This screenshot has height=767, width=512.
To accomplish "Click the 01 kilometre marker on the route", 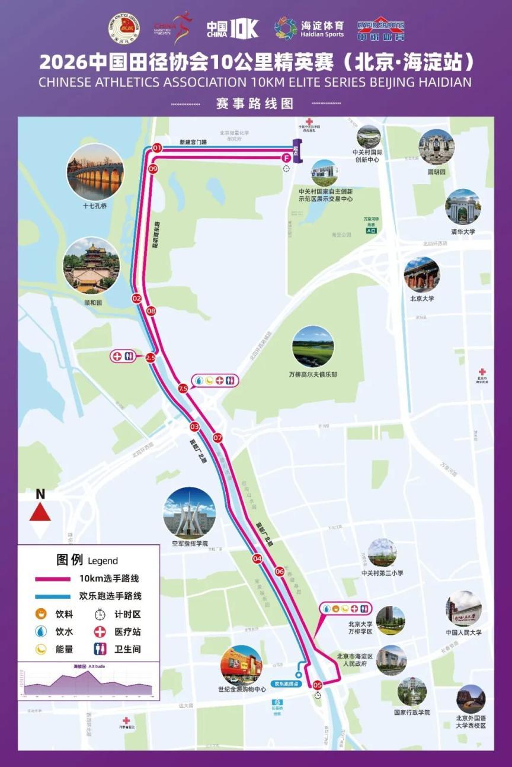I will point(157,147).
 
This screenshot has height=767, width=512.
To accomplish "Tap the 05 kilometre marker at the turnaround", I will point(317,685).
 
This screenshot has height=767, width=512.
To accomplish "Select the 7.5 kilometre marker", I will point(183,389).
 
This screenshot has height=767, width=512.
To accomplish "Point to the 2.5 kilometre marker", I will point(150,357).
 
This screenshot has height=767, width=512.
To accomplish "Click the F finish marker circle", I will point(286,158).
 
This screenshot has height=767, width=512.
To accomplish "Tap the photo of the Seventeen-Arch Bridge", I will point(95,172).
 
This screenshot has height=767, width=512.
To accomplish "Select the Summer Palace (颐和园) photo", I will point(91,265).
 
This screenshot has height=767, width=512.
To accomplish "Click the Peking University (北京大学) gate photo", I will point(421,274).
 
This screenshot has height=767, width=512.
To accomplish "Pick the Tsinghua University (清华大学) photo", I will point(463,207).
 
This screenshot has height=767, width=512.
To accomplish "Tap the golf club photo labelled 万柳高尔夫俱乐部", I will point(313,346).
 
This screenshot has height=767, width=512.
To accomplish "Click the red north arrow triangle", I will point(40,512).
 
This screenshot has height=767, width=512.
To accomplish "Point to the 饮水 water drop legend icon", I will point(41,631).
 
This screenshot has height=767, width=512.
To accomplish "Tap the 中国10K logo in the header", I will point(232,28).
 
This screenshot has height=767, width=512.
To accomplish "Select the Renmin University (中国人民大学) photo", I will point(463,608).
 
